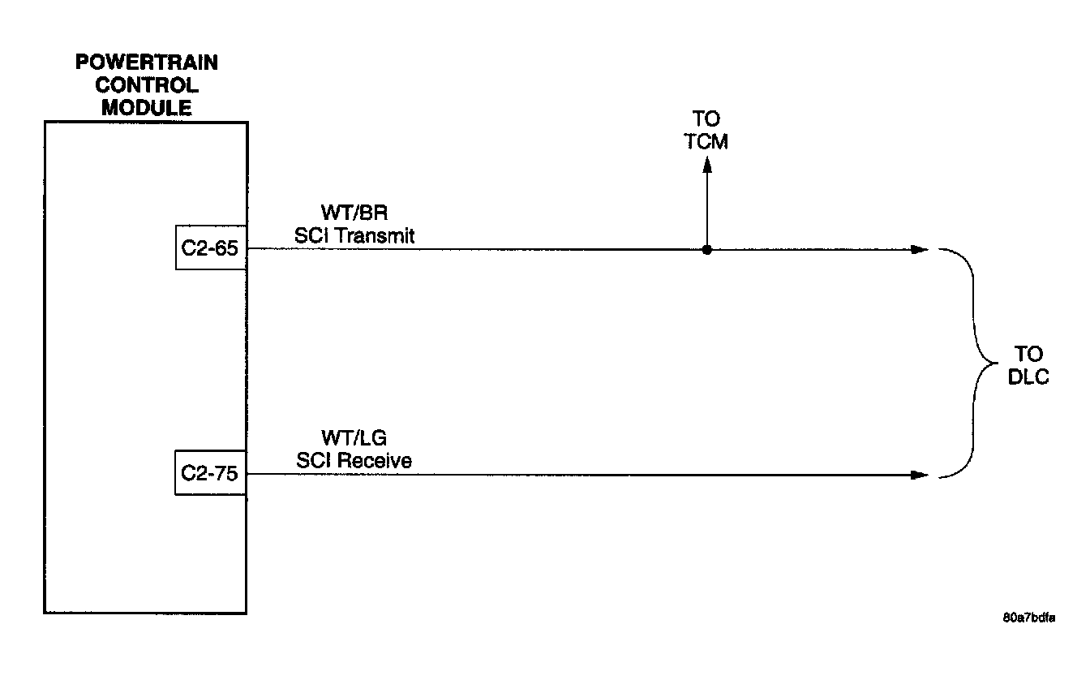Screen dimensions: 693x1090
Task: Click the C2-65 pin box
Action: click(x=210, y=248)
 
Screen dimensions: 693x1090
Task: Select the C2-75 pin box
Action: click(x=210, y=474)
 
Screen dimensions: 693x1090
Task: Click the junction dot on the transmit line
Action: click(x=706, y=250)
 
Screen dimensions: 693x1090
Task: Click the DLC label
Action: click(x=1028, y=377)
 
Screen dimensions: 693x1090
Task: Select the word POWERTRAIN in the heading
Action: click(x=146, y=62)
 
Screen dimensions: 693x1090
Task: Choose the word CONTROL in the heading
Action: click(x=146, y=84)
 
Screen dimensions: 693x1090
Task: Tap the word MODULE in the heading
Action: click(x=146, y=107)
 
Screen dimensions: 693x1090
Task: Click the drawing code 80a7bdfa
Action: click(x=1028, y=618)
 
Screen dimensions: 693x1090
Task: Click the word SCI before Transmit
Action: click(x=311, y=235)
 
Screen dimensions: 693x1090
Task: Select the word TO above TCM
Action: click(x=706, y=120)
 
